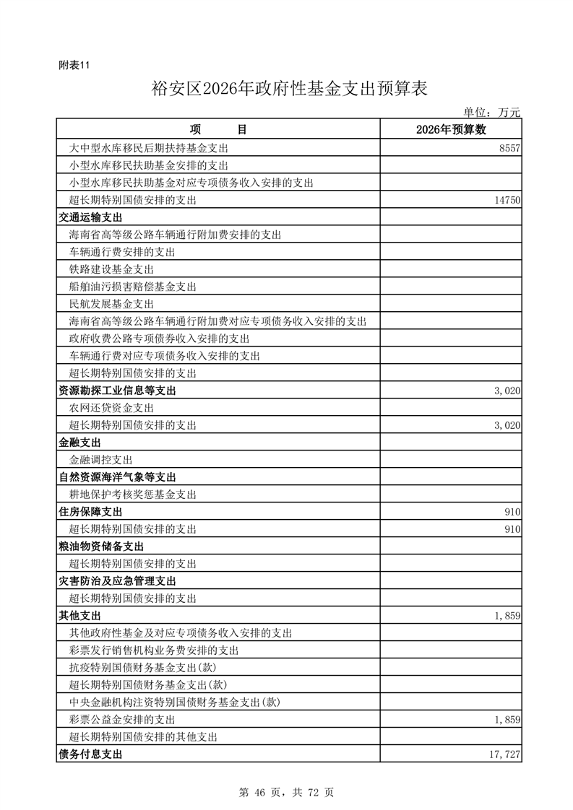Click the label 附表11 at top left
[74, 65]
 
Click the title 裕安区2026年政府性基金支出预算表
[290, 89]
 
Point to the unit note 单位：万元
[491, 113]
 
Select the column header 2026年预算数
[451, 130]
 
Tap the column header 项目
[218, 130]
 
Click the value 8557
[509, 148]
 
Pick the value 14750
[507, 200]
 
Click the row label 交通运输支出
[90, 217]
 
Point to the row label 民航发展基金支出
[111, 304]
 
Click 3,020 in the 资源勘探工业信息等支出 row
[507, 391]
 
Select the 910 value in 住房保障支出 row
[513, 512]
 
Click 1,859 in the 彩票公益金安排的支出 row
[507, 720]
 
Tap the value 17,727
[505, 754]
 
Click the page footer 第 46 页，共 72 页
[286, 792]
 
